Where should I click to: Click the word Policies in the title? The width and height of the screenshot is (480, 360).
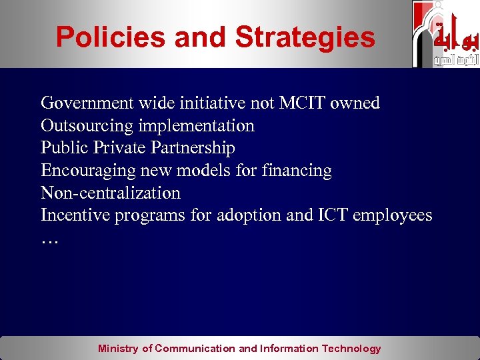110,37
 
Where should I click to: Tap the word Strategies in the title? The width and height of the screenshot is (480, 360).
305,37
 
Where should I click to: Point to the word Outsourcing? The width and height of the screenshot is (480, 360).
86,126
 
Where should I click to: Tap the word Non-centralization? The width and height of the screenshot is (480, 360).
111,193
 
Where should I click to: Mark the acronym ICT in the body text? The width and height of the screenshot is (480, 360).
333,216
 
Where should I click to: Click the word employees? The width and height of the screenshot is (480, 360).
393,216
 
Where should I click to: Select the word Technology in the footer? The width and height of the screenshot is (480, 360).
351,348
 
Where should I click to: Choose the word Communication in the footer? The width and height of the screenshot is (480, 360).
195,348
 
